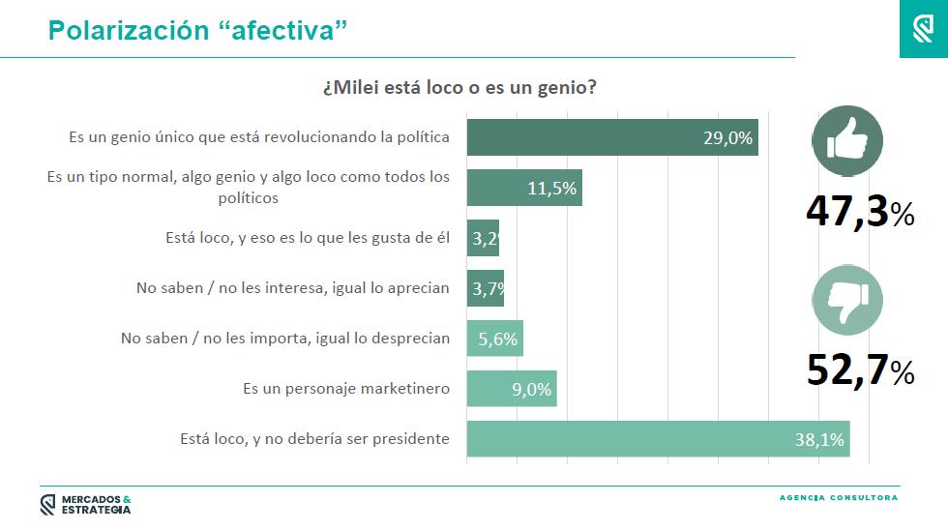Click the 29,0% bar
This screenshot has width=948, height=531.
612,137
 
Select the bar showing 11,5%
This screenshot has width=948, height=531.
524,188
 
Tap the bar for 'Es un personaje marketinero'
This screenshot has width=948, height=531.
512,388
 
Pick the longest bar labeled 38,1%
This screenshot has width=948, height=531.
659,438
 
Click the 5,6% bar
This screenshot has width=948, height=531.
495,339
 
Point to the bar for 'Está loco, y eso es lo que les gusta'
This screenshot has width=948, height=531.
483,238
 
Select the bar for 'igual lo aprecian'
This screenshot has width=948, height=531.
486,288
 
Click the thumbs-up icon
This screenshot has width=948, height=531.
847,141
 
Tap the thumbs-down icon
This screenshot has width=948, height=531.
847,300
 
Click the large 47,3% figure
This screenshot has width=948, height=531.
860,212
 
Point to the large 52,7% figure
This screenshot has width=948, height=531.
860,369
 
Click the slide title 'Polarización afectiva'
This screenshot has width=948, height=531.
197,30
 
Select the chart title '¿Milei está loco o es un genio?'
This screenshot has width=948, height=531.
459,88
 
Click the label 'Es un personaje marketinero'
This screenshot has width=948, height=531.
346,388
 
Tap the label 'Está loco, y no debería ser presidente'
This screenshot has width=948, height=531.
315,438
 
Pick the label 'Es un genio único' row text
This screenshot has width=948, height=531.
259,137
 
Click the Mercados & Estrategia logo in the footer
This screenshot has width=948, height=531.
85,505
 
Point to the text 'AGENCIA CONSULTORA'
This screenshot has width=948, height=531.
839,498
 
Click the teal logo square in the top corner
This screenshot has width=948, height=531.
924,29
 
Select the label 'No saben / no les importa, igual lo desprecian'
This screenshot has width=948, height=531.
285,339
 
